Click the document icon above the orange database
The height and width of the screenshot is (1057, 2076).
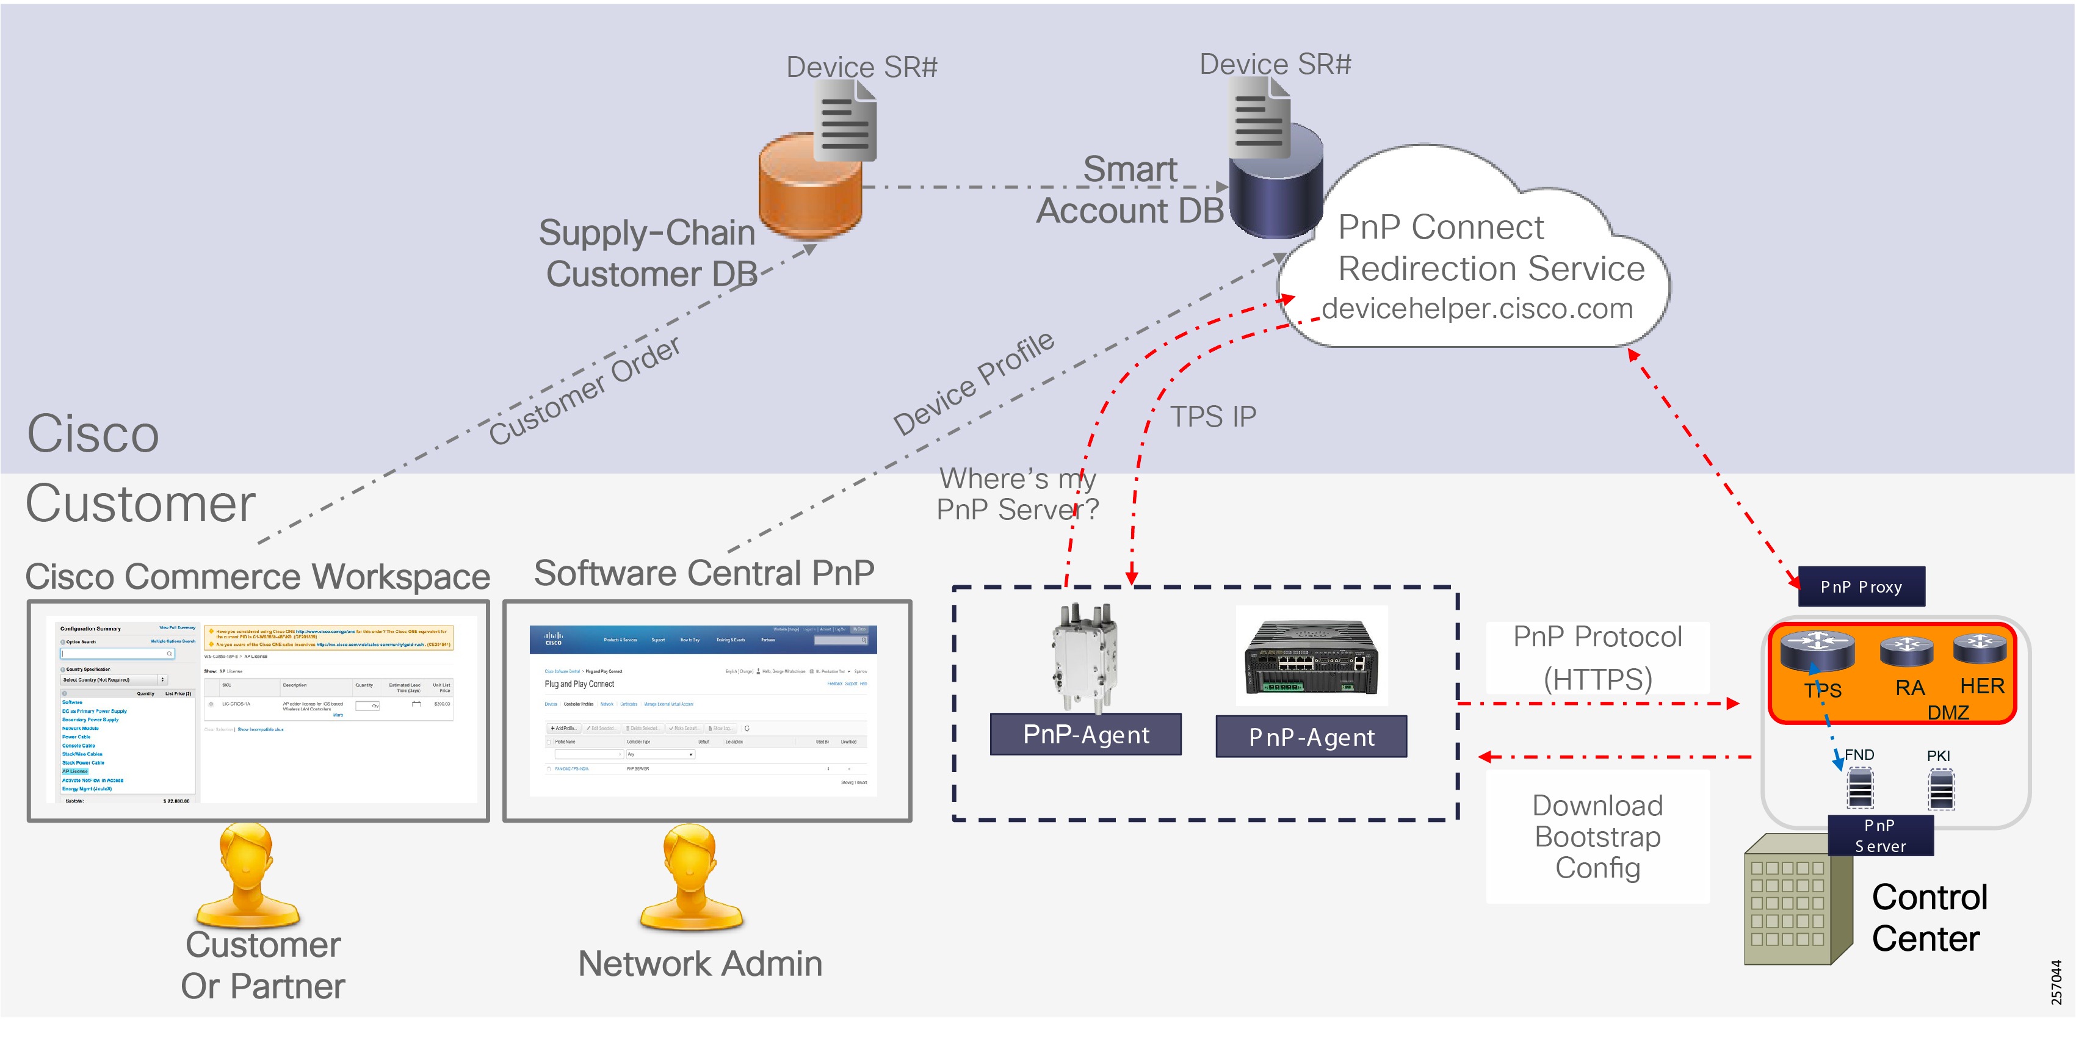click(x=845, y=121)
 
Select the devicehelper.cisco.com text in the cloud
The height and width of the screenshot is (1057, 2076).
click(x=1477, y=309)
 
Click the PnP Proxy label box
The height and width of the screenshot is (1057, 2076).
click(x=1861, y=586)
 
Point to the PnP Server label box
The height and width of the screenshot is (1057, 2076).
click(x=1879, y=835)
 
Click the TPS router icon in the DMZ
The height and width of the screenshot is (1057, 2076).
click(x=1817, y=650)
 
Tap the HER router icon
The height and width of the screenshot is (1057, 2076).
click(x=1980, y=648)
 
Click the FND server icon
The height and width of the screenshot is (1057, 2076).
click(x=1860, y=788)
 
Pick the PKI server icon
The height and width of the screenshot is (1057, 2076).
click(x=1940, y=788)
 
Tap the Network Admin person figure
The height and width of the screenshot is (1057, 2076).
click(x=690, y=878)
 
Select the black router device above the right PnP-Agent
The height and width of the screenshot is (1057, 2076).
click(x=1311, y=657)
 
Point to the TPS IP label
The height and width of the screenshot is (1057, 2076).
click(x=1212, y=417)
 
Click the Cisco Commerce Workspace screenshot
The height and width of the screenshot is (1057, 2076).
click(x=258, y=710)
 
